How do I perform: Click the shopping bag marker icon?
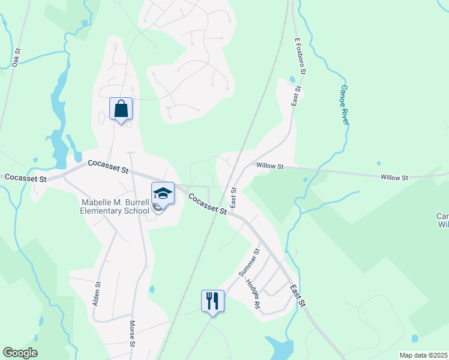click(121, 109)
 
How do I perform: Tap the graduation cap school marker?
click(163, 194)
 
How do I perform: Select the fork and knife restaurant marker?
click(212, 300)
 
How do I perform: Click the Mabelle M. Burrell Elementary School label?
click(115, 206)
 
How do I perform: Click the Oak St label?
click(16, 58)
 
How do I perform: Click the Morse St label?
click(132, 334)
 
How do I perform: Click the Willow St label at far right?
click(394, 177)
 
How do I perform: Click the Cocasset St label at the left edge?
click(25, 178)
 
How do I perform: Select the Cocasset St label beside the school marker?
click(207, 204)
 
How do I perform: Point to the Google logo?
click(20, 353)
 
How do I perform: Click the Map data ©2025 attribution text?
click(423, 355)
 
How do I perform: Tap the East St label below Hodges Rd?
click(298, 296)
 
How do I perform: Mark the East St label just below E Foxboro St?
click(295, 96)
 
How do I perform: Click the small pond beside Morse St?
click(151, 289)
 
